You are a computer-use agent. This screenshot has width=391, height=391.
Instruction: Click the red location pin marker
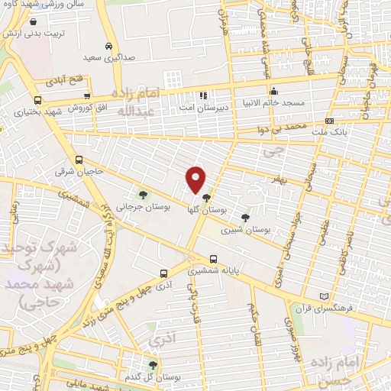click(x=196, y=179)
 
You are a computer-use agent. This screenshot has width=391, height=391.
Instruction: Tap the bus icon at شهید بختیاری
click(x=38, y=99)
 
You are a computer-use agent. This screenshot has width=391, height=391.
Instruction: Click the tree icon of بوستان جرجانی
click(x=141, y=193)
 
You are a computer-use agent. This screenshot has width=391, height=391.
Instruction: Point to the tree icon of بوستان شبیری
click(x=244, y=217)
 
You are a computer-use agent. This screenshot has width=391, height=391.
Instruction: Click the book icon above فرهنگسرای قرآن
click(x=325, y=296)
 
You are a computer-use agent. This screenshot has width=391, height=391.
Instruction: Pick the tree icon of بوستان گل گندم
click(x=153, y=365)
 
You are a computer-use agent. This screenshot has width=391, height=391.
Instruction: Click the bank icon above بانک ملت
click(x=328, y=121)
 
